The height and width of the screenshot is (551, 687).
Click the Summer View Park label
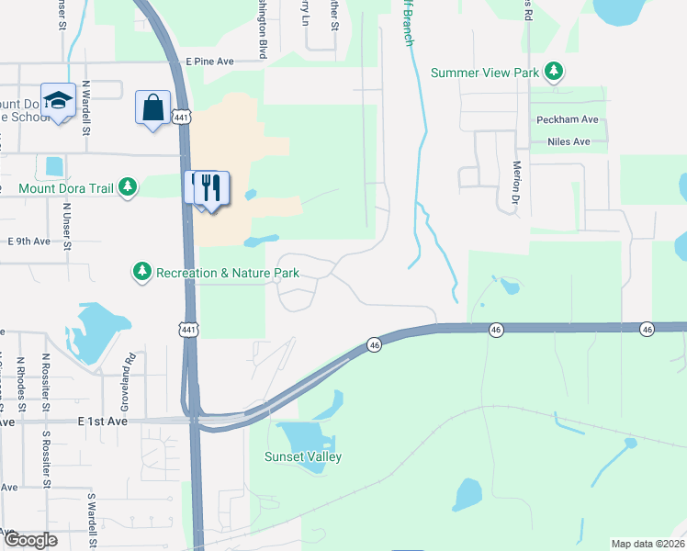click(x=485, y=72)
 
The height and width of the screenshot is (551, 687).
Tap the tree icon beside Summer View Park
click(x=553, y=71)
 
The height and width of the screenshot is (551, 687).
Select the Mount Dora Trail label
click(x=65, y=188)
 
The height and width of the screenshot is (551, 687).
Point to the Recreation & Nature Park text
click(x=228, y=272)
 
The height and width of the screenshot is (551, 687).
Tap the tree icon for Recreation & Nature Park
click(x=141, y=271)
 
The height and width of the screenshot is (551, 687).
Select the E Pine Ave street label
click(x=210, y=61)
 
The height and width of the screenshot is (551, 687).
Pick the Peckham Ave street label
click(x=569, y=120)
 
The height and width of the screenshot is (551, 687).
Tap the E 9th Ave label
click(x=28, y=242)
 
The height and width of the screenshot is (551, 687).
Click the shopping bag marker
click(x=152, y=107)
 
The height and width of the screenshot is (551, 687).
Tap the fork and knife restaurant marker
click(x=212, y=188)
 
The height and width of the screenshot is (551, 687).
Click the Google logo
click(x=30, y=540)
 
